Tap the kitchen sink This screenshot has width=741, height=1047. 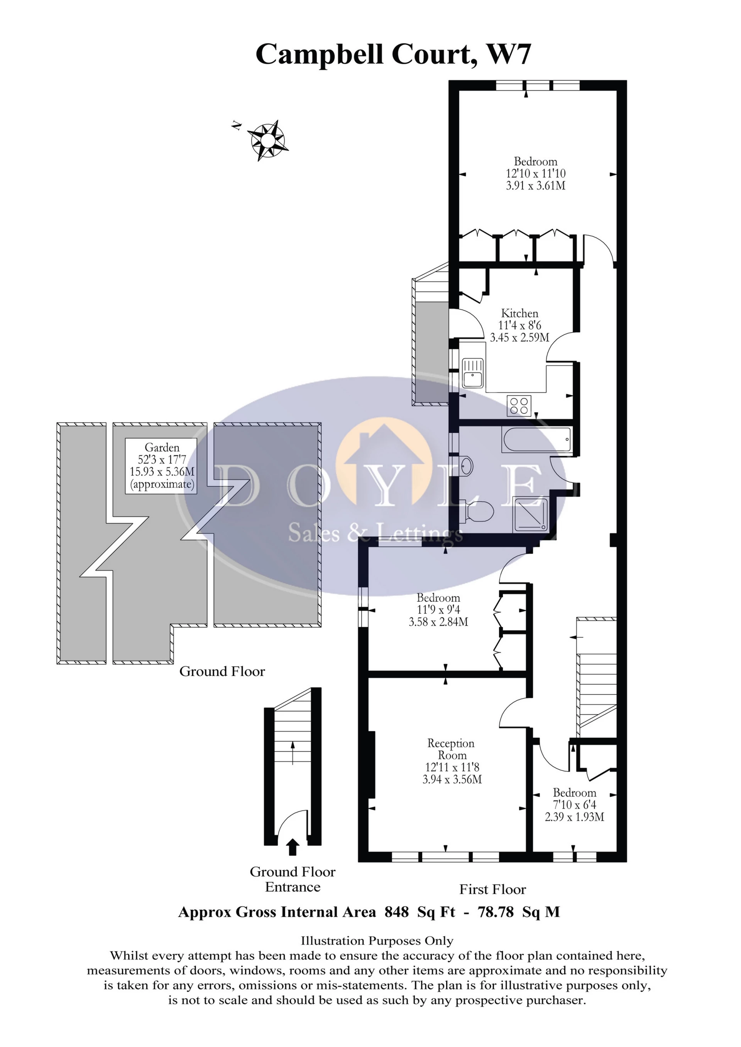472,372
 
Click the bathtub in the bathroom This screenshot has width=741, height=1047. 536,440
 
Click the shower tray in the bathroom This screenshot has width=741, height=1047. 530,514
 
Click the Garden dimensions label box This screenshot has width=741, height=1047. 162,465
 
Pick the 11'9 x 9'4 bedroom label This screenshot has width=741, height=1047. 438,610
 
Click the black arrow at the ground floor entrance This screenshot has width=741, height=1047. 293,847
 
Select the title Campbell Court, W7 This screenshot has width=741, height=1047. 393,54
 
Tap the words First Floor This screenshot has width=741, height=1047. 492,890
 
